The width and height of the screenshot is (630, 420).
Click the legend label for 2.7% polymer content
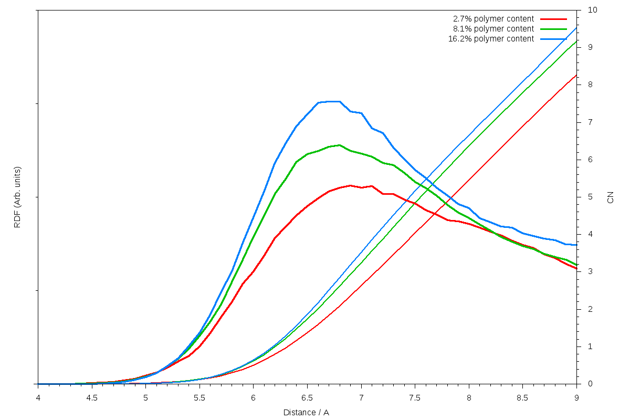493,19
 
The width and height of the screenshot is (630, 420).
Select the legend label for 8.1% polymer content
493,29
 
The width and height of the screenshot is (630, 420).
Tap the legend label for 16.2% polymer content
491,39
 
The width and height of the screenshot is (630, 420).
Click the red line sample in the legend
553,19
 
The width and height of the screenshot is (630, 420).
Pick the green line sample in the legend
553,29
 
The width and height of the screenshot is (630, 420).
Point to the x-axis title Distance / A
306,413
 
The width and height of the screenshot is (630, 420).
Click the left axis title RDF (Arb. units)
17,197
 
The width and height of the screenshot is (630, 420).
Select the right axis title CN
611,197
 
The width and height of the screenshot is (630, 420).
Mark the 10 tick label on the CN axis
593,10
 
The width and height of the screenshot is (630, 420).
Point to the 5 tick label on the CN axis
591,197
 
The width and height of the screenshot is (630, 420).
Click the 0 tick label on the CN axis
591,384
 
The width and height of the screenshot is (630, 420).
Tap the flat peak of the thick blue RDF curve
330,101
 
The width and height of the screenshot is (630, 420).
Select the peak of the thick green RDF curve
340,145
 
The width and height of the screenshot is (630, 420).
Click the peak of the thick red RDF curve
350,185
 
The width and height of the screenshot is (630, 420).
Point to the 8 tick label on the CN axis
591,85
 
